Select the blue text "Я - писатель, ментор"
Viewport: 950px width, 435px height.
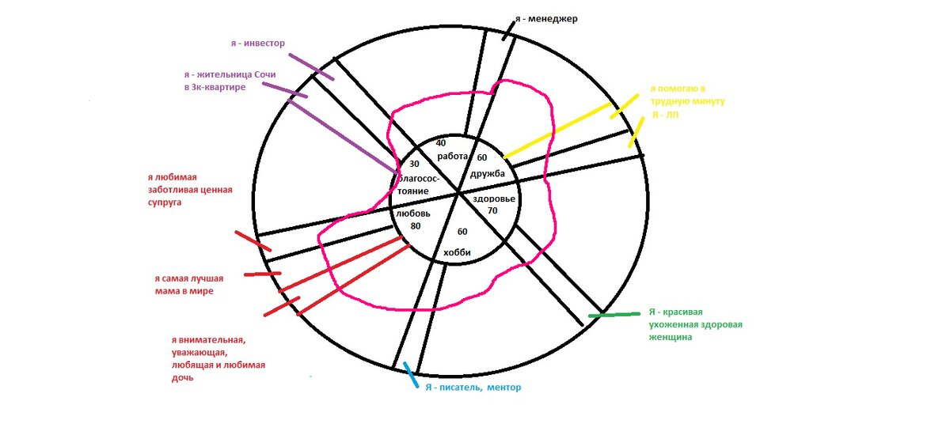pos(473,388)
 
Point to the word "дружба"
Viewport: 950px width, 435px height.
pos(488,173)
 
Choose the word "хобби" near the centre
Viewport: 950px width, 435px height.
pos(458,252)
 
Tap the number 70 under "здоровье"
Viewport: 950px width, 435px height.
pos(492,211)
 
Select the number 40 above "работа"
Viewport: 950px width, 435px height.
pos(441,143)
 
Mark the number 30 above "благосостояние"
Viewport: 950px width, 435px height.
pos(413,164)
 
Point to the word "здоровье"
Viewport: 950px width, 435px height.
pos(495,199)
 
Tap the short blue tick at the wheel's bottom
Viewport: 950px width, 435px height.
pos(409,373)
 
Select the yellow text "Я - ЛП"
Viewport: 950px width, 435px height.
pos(664,115)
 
